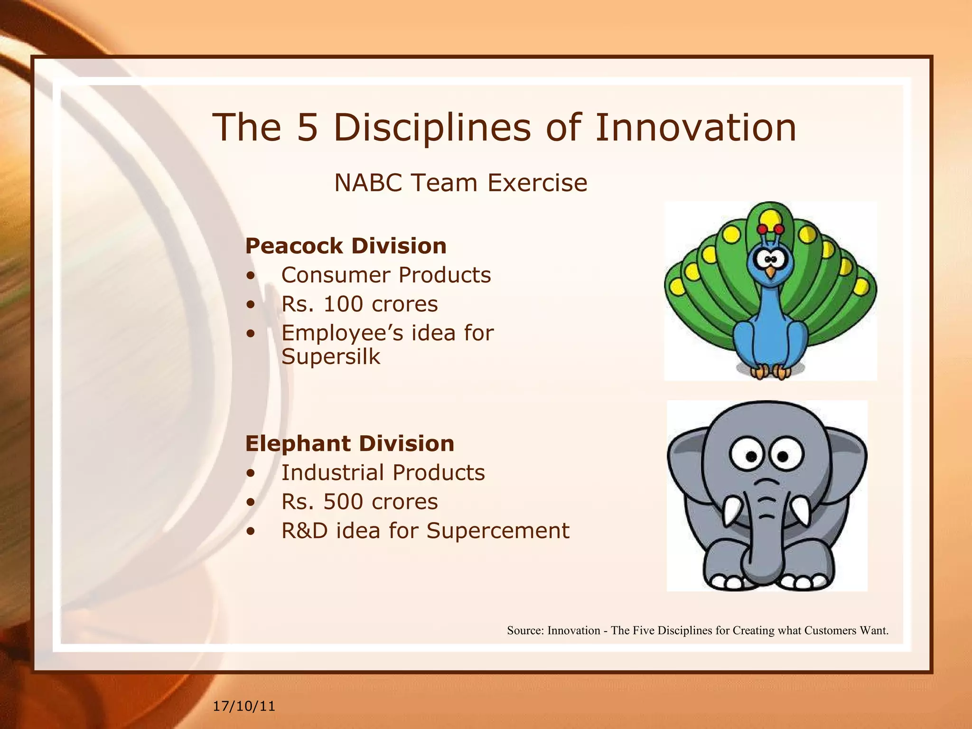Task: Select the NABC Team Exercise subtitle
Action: click(460, 183)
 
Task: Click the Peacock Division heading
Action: click(346, 246)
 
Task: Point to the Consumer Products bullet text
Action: click(386, 275)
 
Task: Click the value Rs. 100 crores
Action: click(359, 304)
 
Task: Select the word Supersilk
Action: click(331, 356)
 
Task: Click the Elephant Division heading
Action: click(349, 443)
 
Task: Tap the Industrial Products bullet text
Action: click(383, 472)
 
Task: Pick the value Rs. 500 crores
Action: click(359, 502)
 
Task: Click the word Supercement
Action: click(497, 531)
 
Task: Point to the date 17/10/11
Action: click(244, 706)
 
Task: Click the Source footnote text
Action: click(698, 630)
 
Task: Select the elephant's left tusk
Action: click(731, 511)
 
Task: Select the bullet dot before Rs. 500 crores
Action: click(251, 502)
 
